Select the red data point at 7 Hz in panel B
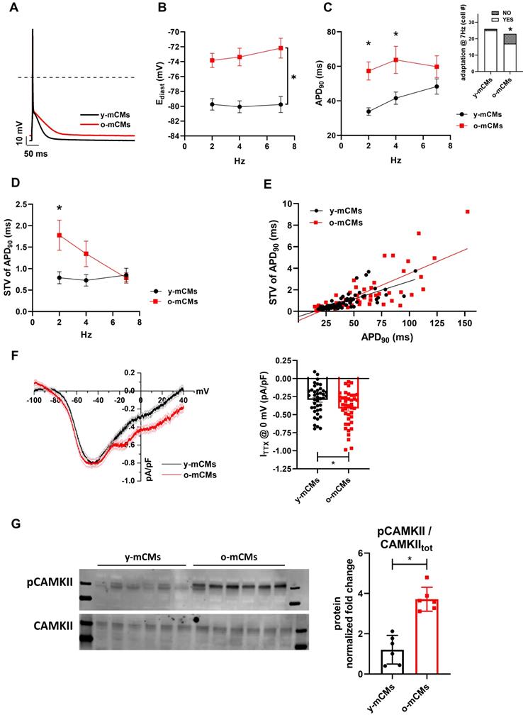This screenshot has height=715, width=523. [x=281, y=48]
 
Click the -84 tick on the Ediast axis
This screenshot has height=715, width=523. [x=173, y=135]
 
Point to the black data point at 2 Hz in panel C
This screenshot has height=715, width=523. [x=368, y=111]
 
